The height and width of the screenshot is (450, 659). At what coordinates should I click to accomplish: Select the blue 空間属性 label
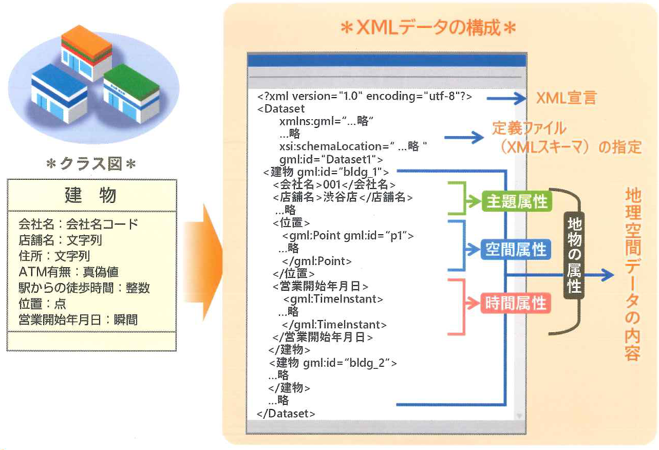coord(516,250)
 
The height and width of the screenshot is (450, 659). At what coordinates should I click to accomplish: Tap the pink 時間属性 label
coord(516,304)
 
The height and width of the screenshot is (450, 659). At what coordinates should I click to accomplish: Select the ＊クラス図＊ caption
coord(91,164)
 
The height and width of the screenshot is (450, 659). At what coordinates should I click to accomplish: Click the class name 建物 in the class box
coord(91,195)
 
